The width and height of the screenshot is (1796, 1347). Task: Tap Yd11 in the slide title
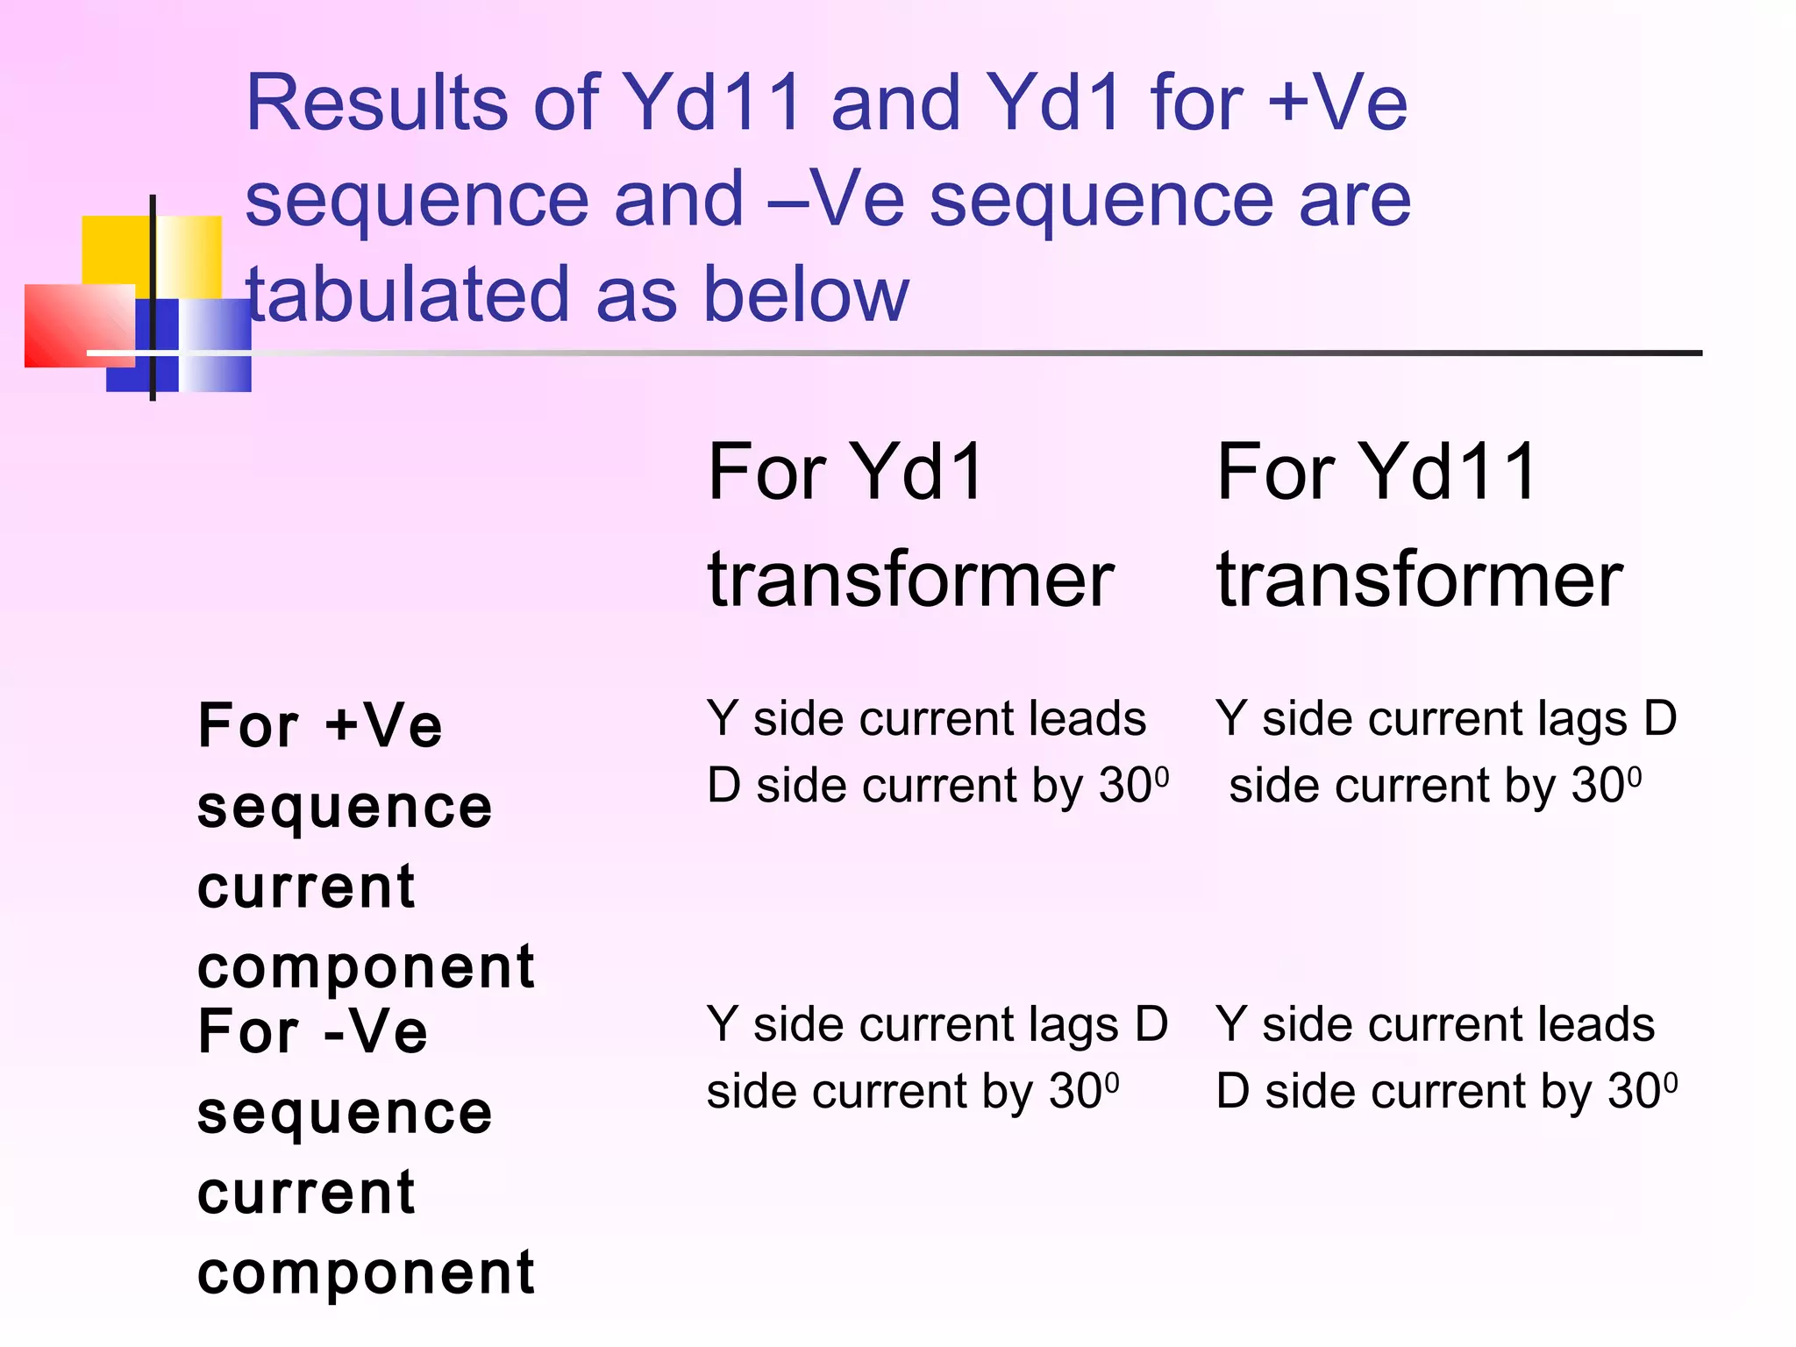pos(712,103)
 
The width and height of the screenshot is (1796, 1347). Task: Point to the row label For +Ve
pos(320,726)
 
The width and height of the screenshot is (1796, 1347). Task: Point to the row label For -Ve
pos(313,1032)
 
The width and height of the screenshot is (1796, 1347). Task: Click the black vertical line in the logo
pos(153,263)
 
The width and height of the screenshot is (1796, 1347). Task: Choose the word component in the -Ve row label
pos(366,1273)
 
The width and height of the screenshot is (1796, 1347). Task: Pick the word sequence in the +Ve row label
pos(345,808)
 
